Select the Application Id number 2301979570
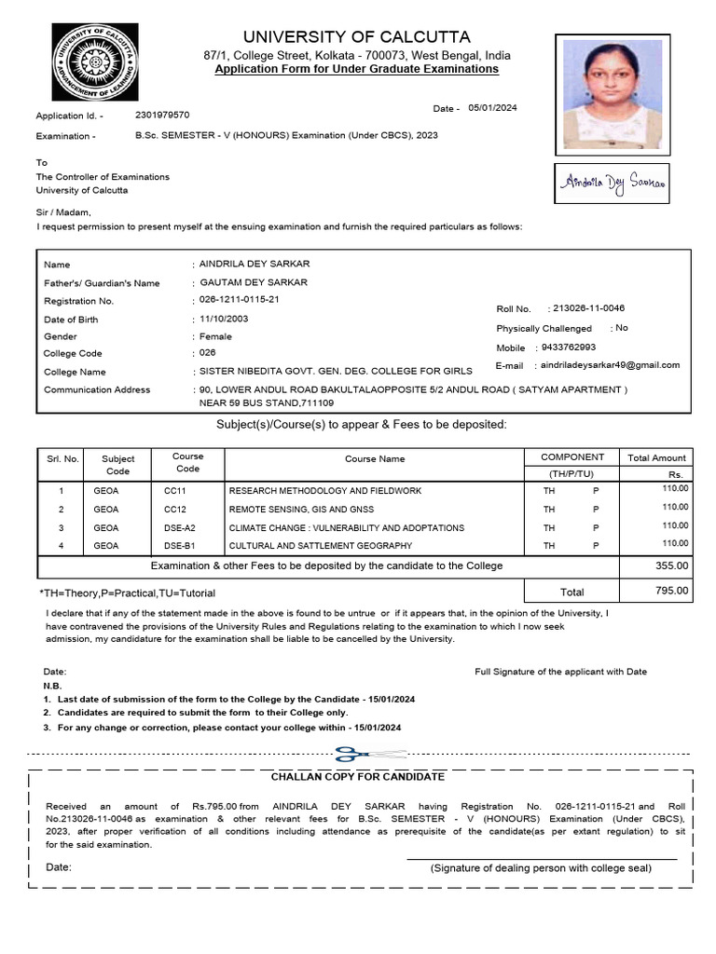[162, 116]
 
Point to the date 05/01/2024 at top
[492, 108]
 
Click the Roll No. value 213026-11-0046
[588, 308]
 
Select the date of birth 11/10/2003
[224, 319]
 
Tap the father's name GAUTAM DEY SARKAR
[254, 282]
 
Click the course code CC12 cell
[175, 510]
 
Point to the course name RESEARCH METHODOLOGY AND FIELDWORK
[325, 491]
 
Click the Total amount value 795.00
[671, 591]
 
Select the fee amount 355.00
[671, 566]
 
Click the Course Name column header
[375, 458]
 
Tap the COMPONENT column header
[572, 457]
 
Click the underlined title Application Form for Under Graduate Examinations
[356, 70]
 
